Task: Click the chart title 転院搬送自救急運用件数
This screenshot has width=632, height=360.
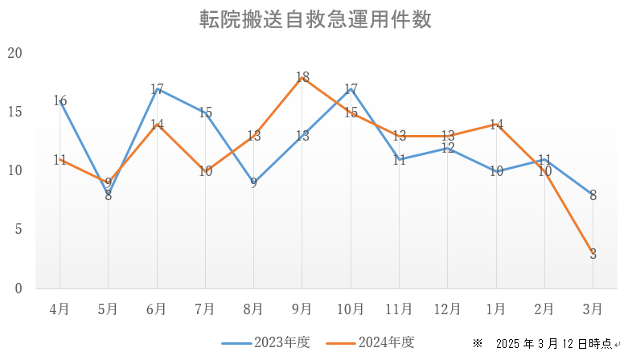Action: [x=315, y=20]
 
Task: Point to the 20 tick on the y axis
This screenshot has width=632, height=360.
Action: [x=14, y=53]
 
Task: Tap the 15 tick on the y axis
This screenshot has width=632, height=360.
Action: [x=14, y=112]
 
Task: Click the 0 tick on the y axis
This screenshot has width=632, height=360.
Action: [x=18, y=288]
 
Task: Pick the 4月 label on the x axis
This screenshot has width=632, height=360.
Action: [x=60, y=309]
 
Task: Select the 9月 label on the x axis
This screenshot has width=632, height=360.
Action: [x=302, y=309]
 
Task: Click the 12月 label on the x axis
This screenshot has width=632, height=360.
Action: [x=447, y=309]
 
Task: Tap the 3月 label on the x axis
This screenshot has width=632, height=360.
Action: [x=593, y=309]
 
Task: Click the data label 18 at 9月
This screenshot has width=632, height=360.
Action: [x=302, y=77]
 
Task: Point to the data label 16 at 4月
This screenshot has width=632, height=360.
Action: [x=60, y=100]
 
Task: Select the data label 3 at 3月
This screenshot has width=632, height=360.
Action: [x=593, y=254]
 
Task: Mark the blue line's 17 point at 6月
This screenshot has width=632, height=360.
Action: [x=157, y=89]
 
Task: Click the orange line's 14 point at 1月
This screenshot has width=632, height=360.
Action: [x=496, y=125]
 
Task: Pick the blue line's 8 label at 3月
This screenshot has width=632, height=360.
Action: [x=593, y=194]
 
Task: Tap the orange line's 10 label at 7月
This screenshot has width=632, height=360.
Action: [x=205, y=171]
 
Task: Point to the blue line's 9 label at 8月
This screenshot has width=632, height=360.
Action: [x=253, y=182]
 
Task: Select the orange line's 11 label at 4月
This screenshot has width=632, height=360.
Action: [x=60, y=159]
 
